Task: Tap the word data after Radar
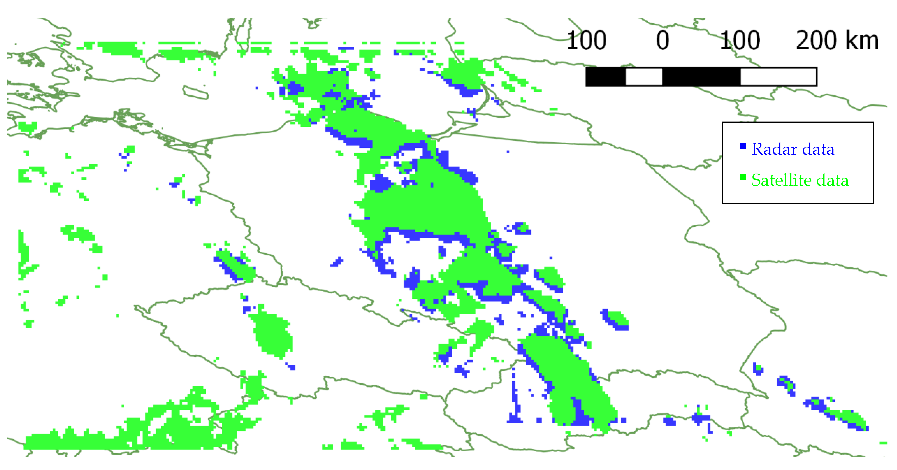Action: [818, 149]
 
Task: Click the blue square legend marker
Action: [743, 146]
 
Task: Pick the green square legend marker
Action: [743, 177]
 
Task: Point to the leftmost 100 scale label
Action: [586, 41]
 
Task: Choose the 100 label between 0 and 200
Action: [740, 41]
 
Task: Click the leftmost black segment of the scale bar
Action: [606, 77]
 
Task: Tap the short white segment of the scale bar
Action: [644, 77]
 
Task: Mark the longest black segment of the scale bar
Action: [701, 77]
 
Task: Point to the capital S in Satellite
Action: [757, 180]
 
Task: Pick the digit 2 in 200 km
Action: [803, 41]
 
